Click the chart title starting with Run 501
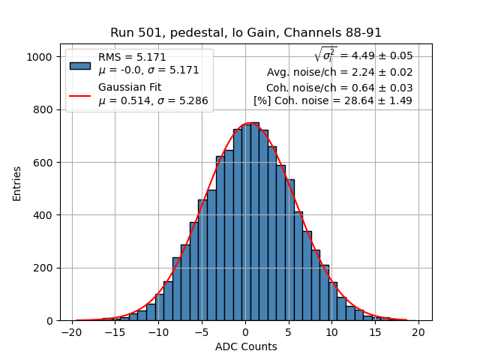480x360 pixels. pyautogui.click(x=246, y=33)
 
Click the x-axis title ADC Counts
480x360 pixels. pyautogui.click(x=246, y=346)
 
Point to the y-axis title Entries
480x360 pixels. pyautogui.click(x=17, y=183)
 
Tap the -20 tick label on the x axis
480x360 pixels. pyautogui.click(x=72, y=331)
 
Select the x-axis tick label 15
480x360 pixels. pyautogui.click(x=375, y=331)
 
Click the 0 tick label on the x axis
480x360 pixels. pyautogui.click(x=245, y=331)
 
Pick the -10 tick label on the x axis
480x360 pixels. pyautogui.click(x=158, y=331)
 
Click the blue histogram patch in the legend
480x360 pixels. pyautogui.click(x=80, y=65)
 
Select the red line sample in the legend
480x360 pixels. pyautogui.click(x=80, y=95)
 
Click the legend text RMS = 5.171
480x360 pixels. pyautogui.click(x=132, y=58)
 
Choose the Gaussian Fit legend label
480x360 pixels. pyautogui.click(x=130, y=88)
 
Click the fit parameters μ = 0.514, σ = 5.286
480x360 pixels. pyautogui.click(x=153, y=101)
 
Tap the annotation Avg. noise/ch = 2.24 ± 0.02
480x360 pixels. pyautogui.click(x=339, y=73)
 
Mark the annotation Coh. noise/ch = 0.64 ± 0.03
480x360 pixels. pyautogui.click(x=339, y=88)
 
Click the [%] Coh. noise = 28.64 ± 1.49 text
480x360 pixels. pyautogui.click(x=332, y=100)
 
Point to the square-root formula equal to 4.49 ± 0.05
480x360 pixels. pyautogui.click(x=363, y=55)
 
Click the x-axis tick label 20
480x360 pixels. pyautogui.click(x=418, y=331)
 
